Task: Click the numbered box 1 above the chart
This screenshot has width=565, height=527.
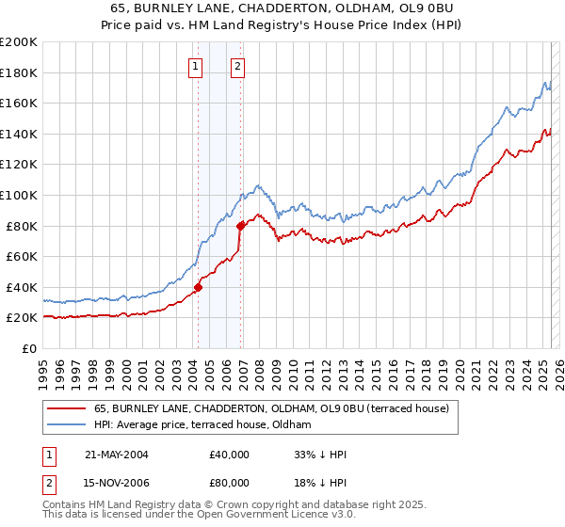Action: click(195, 66)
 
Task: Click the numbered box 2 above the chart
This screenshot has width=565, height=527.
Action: click(238, 66)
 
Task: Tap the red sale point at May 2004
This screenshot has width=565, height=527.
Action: click(198, 287)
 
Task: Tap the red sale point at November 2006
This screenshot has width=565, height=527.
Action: click(240, 225)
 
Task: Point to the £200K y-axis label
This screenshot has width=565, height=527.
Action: click(19, 42)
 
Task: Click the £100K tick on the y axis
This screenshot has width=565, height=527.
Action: click(19, 195)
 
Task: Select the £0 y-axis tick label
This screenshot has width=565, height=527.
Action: click(30, 348)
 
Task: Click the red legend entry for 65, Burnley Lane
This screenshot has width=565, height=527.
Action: click(273, 408)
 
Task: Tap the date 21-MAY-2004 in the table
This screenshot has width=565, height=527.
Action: click(115, 455)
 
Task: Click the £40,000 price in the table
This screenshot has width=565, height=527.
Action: click(230, 455)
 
